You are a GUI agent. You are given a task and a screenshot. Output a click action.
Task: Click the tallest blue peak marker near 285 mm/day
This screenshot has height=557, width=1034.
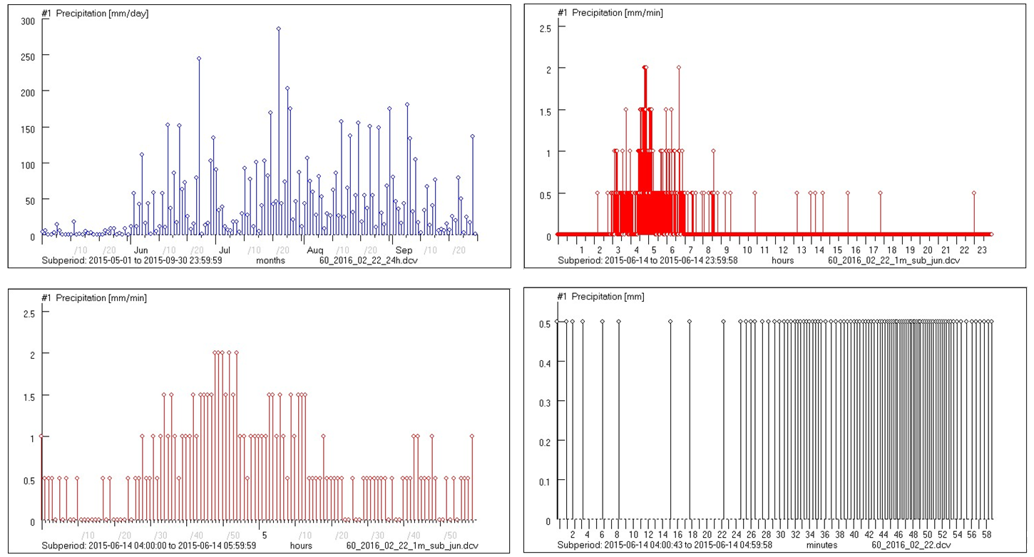[279, 29]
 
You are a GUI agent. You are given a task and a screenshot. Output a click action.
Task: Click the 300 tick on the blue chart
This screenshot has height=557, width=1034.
[27, 21]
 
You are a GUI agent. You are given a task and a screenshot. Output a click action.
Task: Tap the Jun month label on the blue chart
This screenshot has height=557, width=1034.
[141, 250]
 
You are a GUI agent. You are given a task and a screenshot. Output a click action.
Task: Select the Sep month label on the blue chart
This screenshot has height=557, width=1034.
[404, 250]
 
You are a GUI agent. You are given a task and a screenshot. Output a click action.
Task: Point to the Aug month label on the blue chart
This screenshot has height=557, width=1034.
[315, 250]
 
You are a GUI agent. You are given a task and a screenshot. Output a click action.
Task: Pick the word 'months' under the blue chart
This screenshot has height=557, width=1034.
[271, 260]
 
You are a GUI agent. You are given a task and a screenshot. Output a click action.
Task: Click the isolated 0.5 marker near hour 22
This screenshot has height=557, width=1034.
[974, 193]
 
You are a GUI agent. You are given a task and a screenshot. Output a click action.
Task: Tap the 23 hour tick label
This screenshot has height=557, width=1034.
[981, 250]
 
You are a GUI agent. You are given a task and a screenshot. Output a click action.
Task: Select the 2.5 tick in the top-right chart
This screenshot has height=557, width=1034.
[544, 27]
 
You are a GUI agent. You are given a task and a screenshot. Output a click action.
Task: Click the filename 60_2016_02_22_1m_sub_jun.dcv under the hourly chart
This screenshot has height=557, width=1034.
[894, 260]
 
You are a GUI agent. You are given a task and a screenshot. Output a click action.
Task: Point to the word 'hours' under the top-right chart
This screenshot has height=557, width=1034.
[782, 260]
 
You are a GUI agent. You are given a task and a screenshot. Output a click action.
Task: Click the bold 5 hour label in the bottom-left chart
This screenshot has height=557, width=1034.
[264, 535]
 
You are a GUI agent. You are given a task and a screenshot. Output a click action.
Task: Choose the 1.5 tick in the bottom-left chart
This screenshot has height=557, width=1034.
[29, 396]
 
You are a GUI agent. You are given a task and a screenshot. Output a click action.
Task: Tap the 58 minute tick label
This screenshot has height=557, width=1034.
[986, 534]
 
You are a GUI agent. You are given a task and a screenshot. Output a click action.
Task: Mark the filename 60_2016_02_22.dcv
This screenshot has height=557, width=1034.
[911, 545]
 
